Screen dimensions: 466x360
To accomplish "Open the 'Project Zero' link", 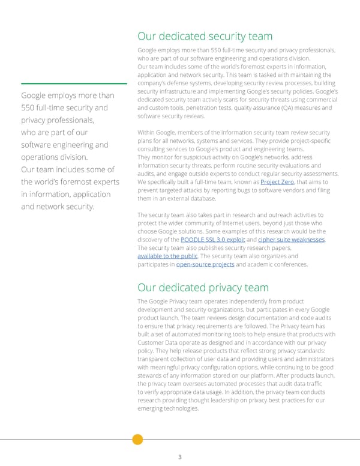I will click(x=277, y=181).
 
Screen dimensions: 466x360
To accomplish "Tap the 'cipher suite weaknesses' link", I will click(x=292, y=240).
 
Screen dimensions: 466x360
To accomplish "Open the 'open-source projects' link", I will click(x=205, y=264).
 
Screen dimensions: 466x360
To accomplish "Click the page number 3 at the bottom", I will click(x=180, y=456).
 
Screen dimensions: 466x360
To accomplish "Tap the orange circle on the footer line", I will click(x=137, y=439).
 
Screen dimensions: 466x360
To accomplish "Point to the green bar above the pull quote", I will click(x=73, y=83).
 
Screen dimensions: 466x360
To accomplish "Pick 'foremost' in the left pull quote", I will click(x=78, y=182).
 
